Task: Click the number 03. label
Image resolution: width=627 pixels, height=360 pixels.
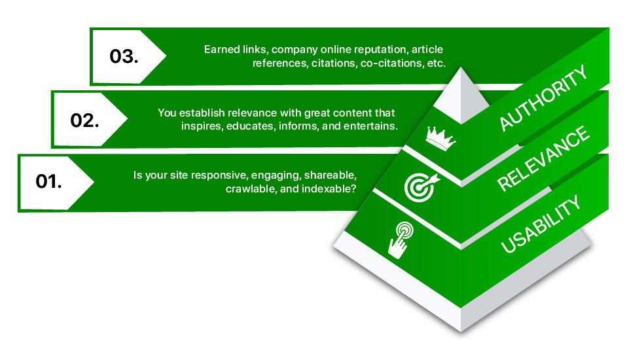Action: pos(124,56)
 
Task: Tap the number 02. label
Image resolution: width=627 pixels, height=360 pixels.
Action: pos(84,120)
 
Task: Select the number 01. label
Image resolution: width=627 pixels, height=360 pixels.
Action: pos(48,181)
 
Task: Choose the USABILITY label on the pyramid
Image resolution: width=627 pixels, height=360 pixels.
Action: pos(541,224)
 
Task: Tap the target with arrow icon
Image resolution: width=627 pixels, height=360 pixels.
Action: pos(419,185)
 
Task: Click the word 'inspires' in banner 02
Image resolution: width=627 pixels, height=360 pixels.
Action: pos(200,126)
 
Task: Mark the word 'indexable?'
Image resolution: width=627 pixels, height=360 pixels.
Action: pos(332,189)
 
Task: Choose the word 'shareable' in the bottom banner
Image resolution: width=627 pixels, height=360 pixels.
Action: pos(331,175)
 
